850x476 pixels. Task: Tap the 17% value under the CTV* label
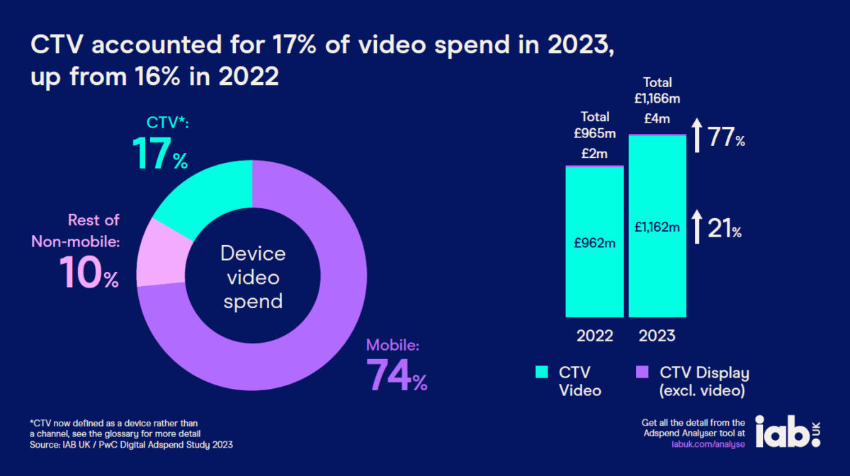pyautogui.click(x=160, y=154)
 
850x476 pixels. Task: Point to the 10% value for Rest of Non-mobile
pyautogui.click(x=89, y=272)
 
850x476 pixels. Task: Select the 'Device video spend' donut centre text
pyautogui.click(x=253, y=277)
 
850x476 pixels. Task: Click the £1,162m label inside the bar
pyautogui.click(x=657, y=227)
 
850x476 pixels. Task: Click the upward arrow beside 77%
pyautogui.click(x=697, y=135)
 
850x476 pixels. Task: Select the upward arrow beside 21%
pyautogui.click(x=697, y=227)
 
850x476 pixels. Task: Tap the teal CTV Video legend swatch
pyautogui.click(x=541, y=373)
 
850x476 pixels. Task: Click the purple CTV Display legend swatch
pyautogui.click(x=642, y=373)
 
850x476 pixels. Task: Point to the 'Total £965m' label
pyautogui.click(x=595, y=124)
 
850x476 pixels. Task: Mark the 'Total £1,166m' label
pyautogui.click(x=657, y=90)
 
